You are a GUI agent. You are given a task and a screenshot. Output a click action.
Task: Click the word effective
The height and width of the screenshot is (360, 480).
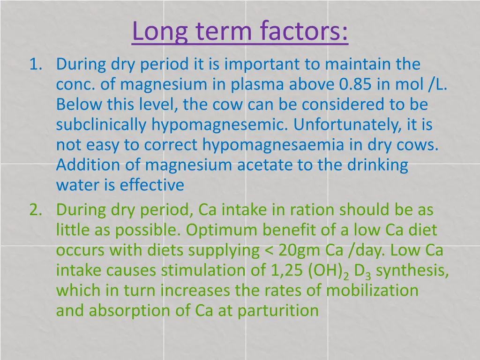(152, 186)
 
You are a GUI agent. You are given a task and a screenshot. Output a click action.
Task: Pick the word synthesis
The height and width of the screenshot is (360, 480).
(412, 271)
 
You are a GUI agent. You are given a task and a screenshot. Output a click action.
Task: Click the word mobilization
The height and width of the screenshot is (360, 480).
(373, 290)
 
